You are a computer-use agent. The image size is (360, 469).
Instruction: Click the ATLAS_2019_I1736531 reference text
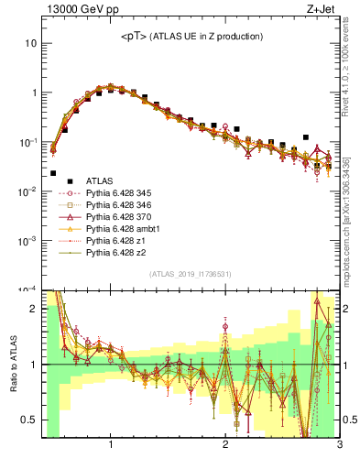point(191,274)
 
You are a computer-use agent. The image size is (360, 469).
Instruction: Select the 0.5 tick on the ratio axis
point(29,420)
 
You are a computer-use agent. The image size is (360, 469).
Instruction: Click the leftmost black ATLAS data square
point(53,172)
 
